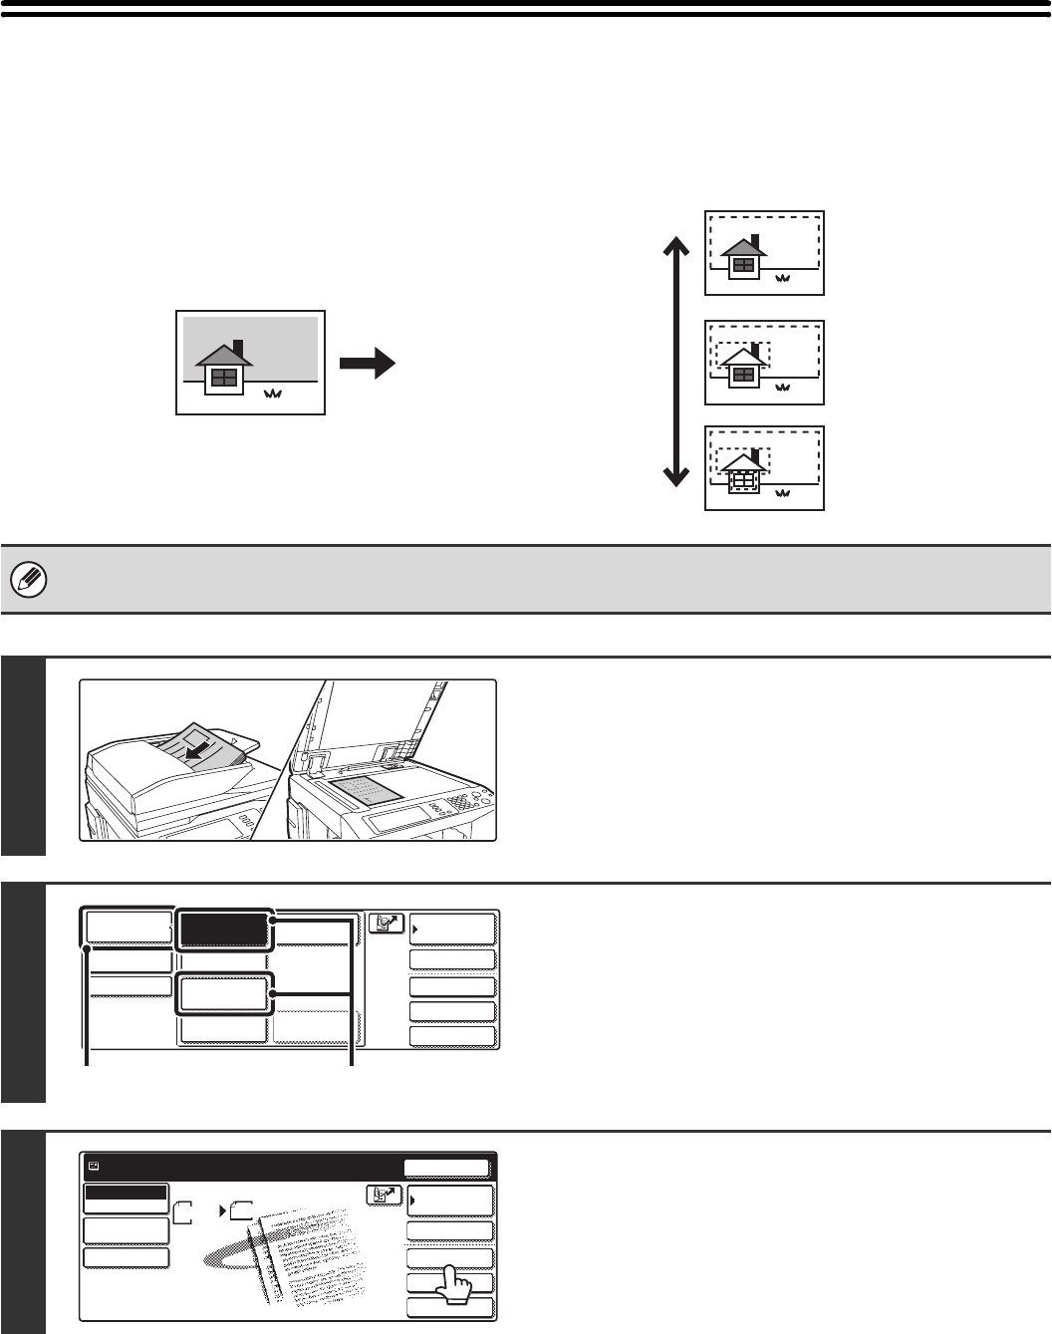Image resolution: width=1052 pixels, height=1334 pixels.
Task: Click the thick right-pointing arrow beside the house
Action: (367, 365)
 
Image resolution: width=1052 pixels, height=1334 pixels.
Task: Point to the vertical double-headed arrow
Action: (676, 362)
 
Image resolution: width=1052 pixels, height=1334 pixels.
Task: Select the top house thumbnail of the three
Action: (764, 253)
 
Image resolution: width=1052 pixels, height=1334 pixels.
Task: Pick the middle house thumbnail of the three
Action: (764, 363)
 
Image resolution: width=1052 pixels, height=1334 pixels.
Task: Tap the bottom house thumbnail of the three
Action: (764, 468)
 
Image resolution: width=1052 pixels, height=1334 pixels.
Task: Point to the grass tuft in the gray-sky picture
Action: (273, 396)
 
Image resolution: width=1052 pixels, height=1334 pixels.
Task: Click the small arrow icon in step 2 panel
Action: (387, 924)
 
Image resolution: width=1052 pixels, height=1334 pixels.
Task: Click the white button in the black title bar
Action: (446, 1169)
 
